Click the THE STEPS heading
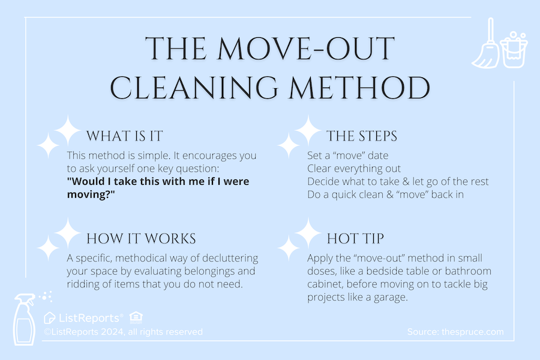pos(361,136)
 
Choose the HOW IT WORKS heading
pos(141,238)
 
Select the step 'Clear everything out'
pos(353,169)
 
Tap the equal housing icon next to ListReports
pos(136,317)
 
